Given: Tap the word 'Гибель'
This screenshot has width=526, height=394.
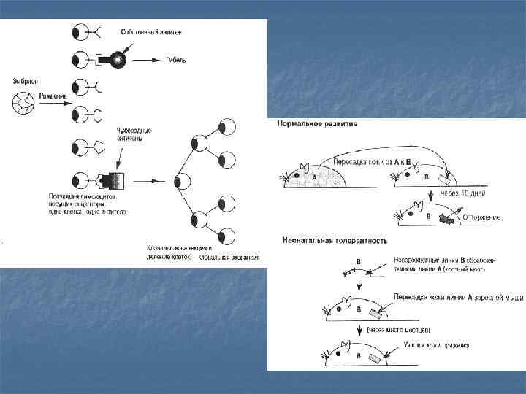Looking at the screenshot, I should pos(176,60).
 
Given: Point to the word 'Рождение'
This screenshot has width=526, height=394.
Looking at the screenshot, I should pos(54,96).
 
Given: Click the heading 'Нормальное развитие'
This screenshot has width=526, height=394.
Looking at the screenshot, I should pos(316,124).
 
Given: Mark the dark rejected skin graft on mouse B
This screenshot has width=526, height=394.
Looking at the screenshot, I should pos(445,217).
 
